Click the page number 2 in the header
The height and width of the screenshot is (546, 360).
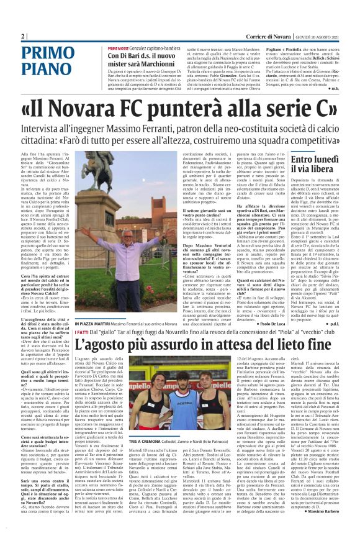click(22, 37)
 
